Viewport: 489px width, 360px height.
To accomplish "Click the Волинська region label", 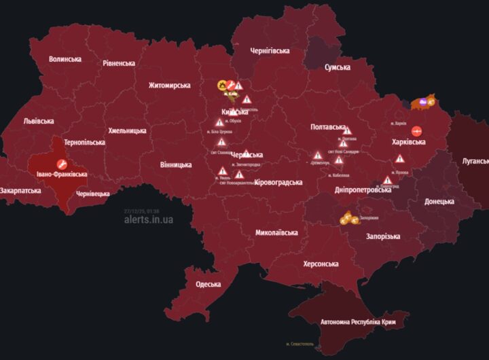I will (65, 59).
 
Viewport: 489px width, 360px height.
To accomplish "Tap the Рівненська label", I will (119, 63).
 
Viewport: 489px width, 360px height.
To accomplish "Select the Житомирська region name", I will (170, 86).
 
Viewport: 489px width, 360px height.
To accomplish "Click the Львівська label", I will (39, 121).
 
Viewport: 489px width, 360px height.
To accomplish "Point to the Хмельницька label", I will (127, 130).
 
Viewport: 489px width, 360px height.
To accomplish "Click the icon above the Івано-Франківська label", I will (61, 164).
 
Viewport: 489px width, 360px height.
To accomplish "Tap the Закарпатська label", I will (21, 191).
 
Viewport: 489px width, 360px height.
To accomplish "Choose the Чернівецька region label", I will (93, 194).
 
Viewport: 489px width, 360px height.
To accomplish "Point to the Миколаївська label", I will (276, 233).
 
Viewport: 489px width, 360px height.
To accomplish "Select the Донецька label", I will (439, 202).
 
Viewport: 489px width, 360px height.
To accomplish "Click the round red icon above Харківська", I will (416, 131).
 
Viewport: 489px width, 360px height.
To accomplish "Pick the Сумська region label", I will (338, 67).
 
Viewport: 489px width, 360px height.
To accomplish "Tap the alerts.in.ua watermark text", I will (148, 219).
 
